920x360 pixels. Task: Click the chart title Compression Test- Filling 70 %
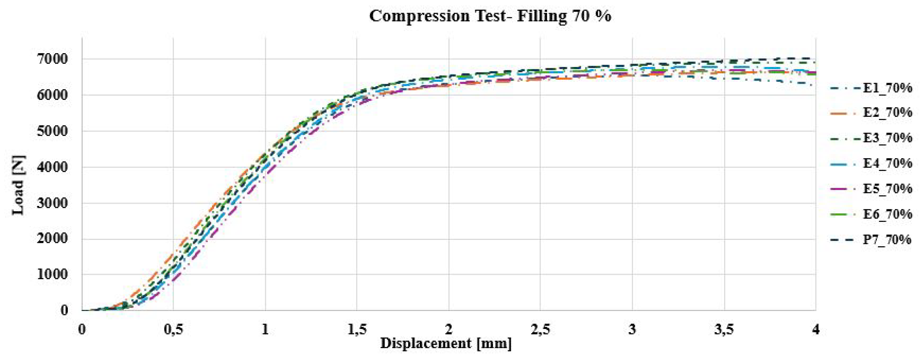coord(490,16)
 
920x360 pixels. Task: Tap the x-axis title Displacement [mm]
coord(446,344)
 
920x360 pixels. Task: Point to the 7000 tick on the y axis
coord(52,59)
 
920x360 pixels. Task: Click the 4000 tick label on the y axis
coord(52,167)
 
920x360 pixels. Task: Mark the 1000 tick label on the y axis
coord(52,275)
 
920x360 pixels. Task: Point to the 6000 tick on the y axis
coord(52,95)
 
